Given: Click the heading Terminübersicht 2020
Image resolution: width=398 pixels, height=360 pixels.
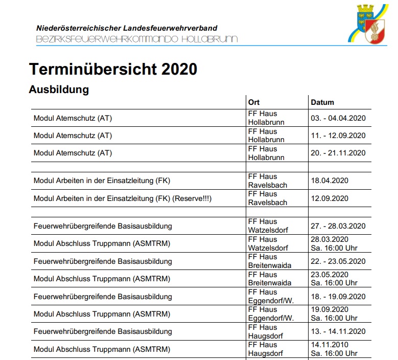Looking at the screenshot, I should [113, 69].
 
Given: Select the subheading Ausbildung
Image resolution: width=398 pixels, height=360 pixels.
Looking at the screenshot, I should [59, 89].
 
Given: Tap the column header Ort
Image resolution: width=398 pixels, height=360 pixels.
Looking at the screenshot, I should [254, 102].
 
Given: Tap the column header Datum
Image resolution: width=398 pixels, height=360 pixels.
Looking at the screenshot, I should [322, 102].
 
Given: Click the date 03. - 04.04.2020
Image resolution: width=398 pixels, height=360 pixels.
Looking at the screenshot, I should [338, 118].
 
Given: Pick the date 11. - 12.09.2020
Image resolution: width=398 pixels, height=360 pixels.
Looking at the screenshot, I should [338, 136].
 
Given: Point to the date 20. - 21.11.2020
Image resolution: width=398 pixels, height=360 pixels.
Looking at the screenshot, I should [338, 153].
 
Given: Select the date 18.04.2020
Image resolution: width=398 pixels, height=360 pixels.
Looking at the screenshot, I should [329, 181].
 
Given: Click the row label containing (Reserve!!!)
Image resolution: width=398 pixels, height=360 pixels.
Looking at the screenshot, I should [122, 198].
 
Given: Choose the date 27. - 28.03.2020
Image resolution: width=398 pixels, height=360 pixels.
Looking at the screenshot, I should [338, 226].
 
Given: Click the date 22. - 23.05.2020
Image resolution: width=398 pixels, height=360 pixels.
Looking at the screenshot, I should [338, 261].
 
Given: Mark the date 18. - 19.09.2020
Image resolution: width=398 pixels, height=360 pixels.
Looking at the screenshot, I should [338, 297].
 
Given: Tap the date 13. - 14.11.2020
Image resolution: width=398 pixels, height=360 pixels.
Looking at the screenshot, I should [338, 331].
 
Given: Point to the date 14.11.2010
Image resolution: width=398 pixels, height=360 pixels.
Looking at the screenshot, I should [329, 345].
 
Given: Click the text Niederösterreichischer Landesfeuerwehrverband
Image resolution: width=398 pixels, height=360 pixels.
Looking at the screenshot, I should [127, 28].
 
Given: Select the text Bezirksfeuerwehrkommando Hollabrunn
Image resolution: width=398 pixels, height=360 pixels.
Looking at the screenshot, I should [137, 39].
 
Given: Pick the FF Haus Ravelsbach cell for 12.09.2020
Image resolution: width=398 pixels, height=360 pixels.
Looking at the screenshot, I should [268, 198].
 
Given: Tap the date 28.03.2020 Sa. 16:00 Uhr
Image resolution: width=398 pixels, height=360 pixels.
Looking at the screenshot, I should [334, 244].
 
